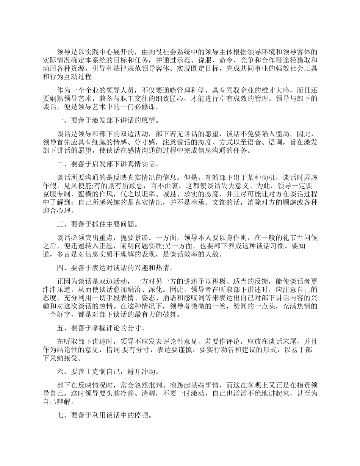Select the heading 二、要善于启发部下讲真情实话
[108, 164]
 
